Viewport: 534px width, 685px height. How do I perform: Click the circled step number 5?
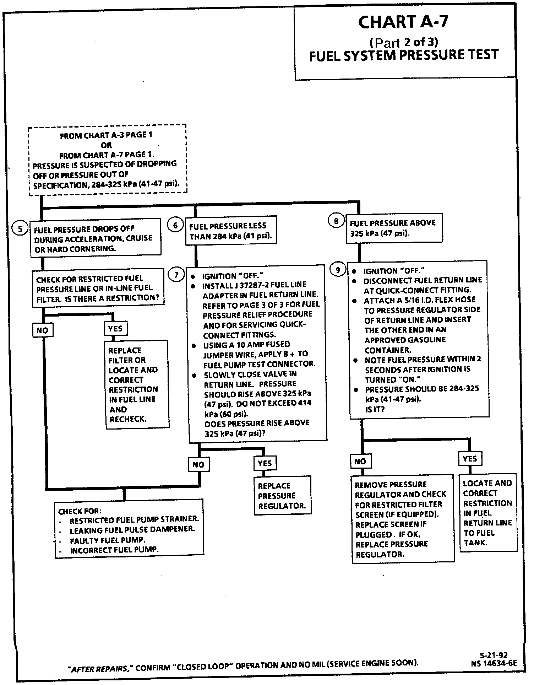click(20, 229)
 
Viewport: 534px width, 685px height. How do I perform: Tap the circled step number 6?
click(175, 225)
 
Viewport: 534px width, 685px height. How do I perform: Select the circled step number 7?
click(176, 275)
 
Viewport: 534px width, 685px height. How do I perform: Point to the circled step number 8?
click(336, 221)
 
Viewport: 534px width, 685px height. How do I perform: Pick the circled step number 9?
click(338, 270)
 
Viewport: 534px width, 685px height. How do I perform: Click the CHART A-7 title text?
click(403, 22)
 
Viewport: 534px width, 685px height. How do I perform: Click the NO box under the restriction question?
click(42, 330)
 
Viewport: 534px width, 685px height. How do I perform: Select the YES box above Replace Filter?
click(115, 329)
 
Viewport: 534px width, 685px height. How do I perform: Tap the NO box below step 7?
click(198, 464)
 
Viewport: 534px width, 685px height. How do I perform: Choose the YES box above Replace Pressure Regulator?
click(265, 463)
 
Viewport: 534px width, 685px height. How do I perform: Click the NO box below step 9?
click(360, 461)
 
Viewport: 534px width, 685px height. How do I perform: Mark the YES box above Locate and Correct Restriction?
click(470, 459)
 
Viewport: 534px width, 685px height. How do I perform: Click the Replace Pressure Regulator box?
click(282, 496)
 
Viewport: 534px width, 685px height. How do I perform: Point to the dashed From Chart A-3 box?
click(107, 160)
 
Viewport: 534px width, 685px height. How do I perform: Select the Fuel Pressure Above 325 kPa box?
click(394, 228)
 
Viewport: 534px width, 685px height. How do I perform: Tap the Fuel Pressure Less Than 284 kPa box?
click(231, 231)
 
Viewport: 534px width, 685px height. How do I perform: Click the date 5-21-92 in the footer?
click(493, 655)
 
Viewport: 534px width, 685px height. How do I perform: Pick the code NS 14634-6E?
click(494, 663)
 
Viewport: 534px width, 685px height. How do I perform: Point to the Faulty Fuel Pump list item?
click(108, 540)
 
